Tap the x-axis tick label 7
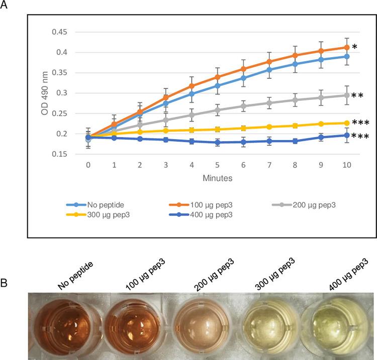tap(268, 165)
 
